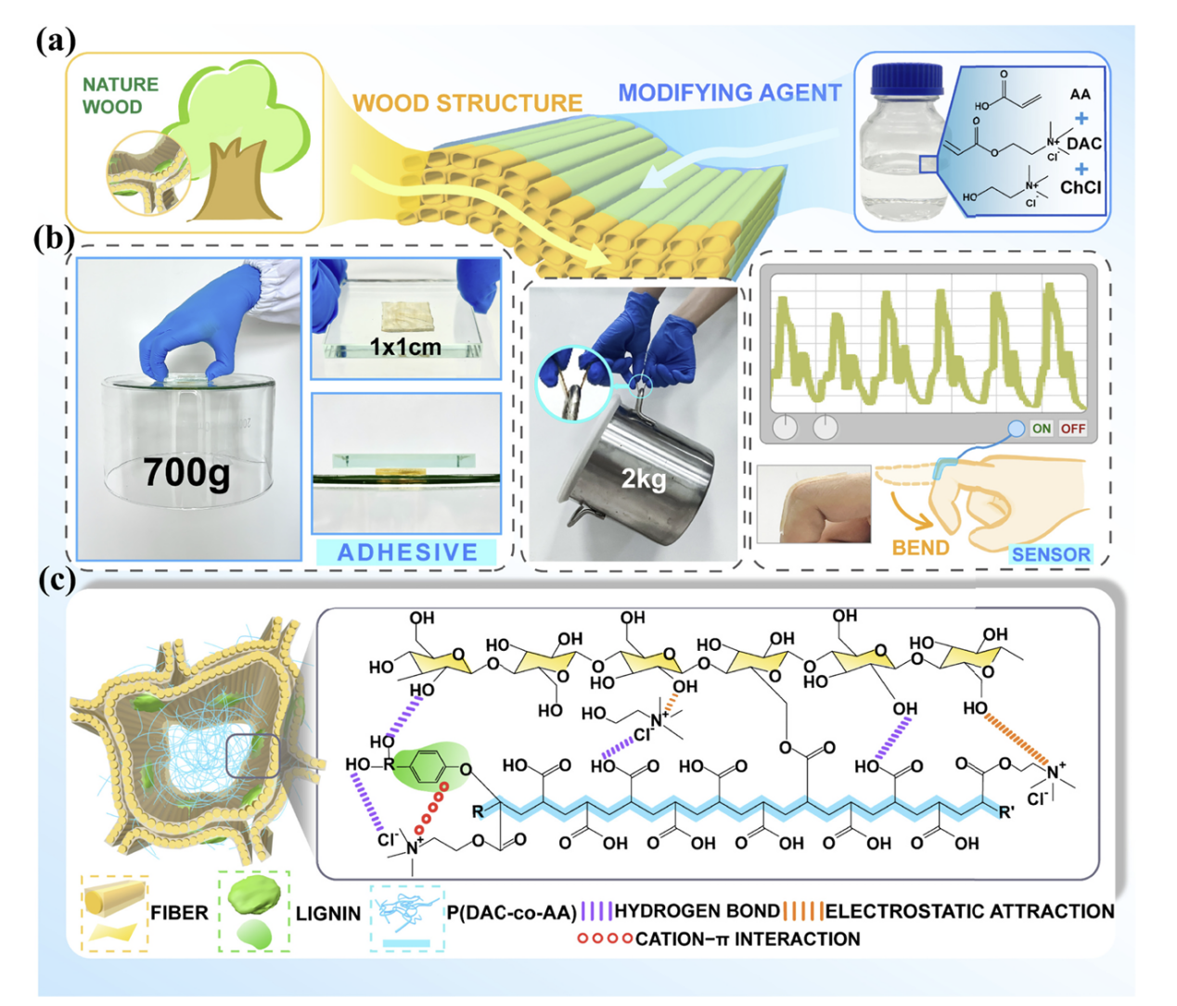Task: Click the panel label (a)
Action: pos(55,41)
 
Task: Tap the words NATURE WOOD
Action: pos(120,95)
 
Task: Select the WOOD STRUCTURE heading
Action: pos(467,103)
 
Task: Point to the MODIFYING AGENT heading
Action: pos(729,93)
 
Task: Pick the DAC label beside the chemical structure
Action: pos(1083,144)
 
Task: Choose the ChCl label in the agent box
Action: pos(1081,187)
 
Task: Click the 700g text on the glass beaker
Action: pos(186,473)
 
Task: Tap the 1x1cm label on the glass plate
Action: pos(405,347)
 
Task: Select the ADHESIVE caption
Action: pos(407,553)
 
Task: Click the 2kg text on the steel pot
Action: pos(643,478)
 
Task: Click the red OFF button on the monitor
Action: pos(1072,428)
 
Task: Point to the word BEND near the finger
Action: pos(920,547)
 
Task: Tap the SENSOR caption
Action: pos(1050,554)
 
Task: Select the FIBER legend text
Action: pos(179,913)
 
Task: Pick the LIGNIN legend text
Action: pos(327,913)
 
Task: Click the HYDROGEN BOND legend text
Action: pos(697,911)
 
